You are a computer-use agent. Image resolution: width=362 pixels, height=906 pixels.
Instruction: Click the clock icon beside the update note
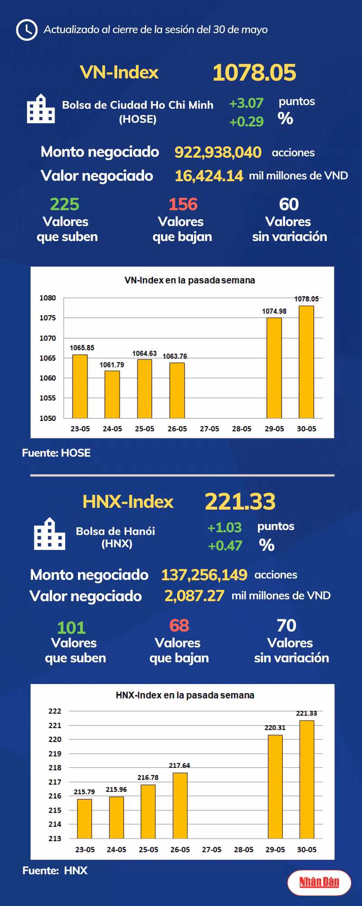coord(27,30)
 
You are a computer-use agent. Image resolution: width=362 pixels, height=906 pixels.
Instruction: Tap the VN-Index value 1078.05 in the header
coord(254,72)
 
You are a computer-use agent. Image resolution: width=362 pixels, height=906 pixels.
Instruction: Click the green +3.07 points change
coord(246,103)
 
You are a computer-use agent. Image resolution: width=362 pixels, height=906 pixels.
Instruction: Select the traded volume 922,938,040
coord(218,152)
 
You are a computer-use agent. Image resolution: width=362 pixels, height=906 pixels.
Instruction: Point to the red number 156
coord(183,204)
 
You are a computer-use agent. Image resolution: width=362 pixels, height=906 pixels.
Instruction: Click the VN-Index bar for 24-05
coord(112,394)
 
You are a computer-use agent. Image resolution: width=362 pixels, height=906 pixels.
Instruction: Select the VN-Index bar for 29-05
coord(274,368)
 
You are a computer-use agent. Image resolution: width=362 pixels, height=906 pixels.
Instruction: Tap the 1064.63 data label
coord(144,353)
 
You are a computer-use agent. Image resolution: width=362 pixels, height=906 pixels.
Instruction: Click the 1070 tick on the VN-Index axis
coord(48,338)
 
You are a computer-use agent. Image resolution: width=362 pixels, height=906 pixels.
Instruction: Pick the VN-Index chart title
coord(190,280)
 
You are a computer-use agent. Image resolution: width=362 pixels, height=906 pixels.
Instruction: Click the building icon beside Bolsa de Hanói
coord(49,534)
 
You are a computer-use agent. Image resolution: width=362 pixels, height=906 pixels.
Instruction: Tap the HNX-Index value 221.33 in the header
coord(240,501)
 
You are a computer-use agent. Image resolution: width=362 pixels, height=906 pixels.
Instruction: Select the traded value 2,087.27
coord(194,596)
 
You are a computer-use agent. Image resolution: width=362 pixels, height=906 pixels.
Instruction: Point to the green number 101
coord(71,628)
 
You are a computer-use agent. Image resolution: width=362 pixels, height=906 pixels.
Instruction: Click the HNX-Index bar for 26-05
coord(180,805)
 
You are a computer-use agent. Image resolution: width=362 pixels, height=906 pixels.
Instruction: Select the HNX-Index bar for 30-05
coord(307,779)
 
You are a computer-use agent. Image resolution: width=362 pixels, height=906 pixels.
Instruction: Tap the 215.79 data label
coord(84,792)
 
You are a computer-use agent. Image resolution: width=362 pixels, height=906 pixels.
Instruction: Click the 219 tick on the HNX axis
coord(55,753)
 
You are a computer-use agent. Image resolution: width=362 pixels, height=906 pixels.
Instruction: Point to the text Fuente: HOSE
coord(56,453)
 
